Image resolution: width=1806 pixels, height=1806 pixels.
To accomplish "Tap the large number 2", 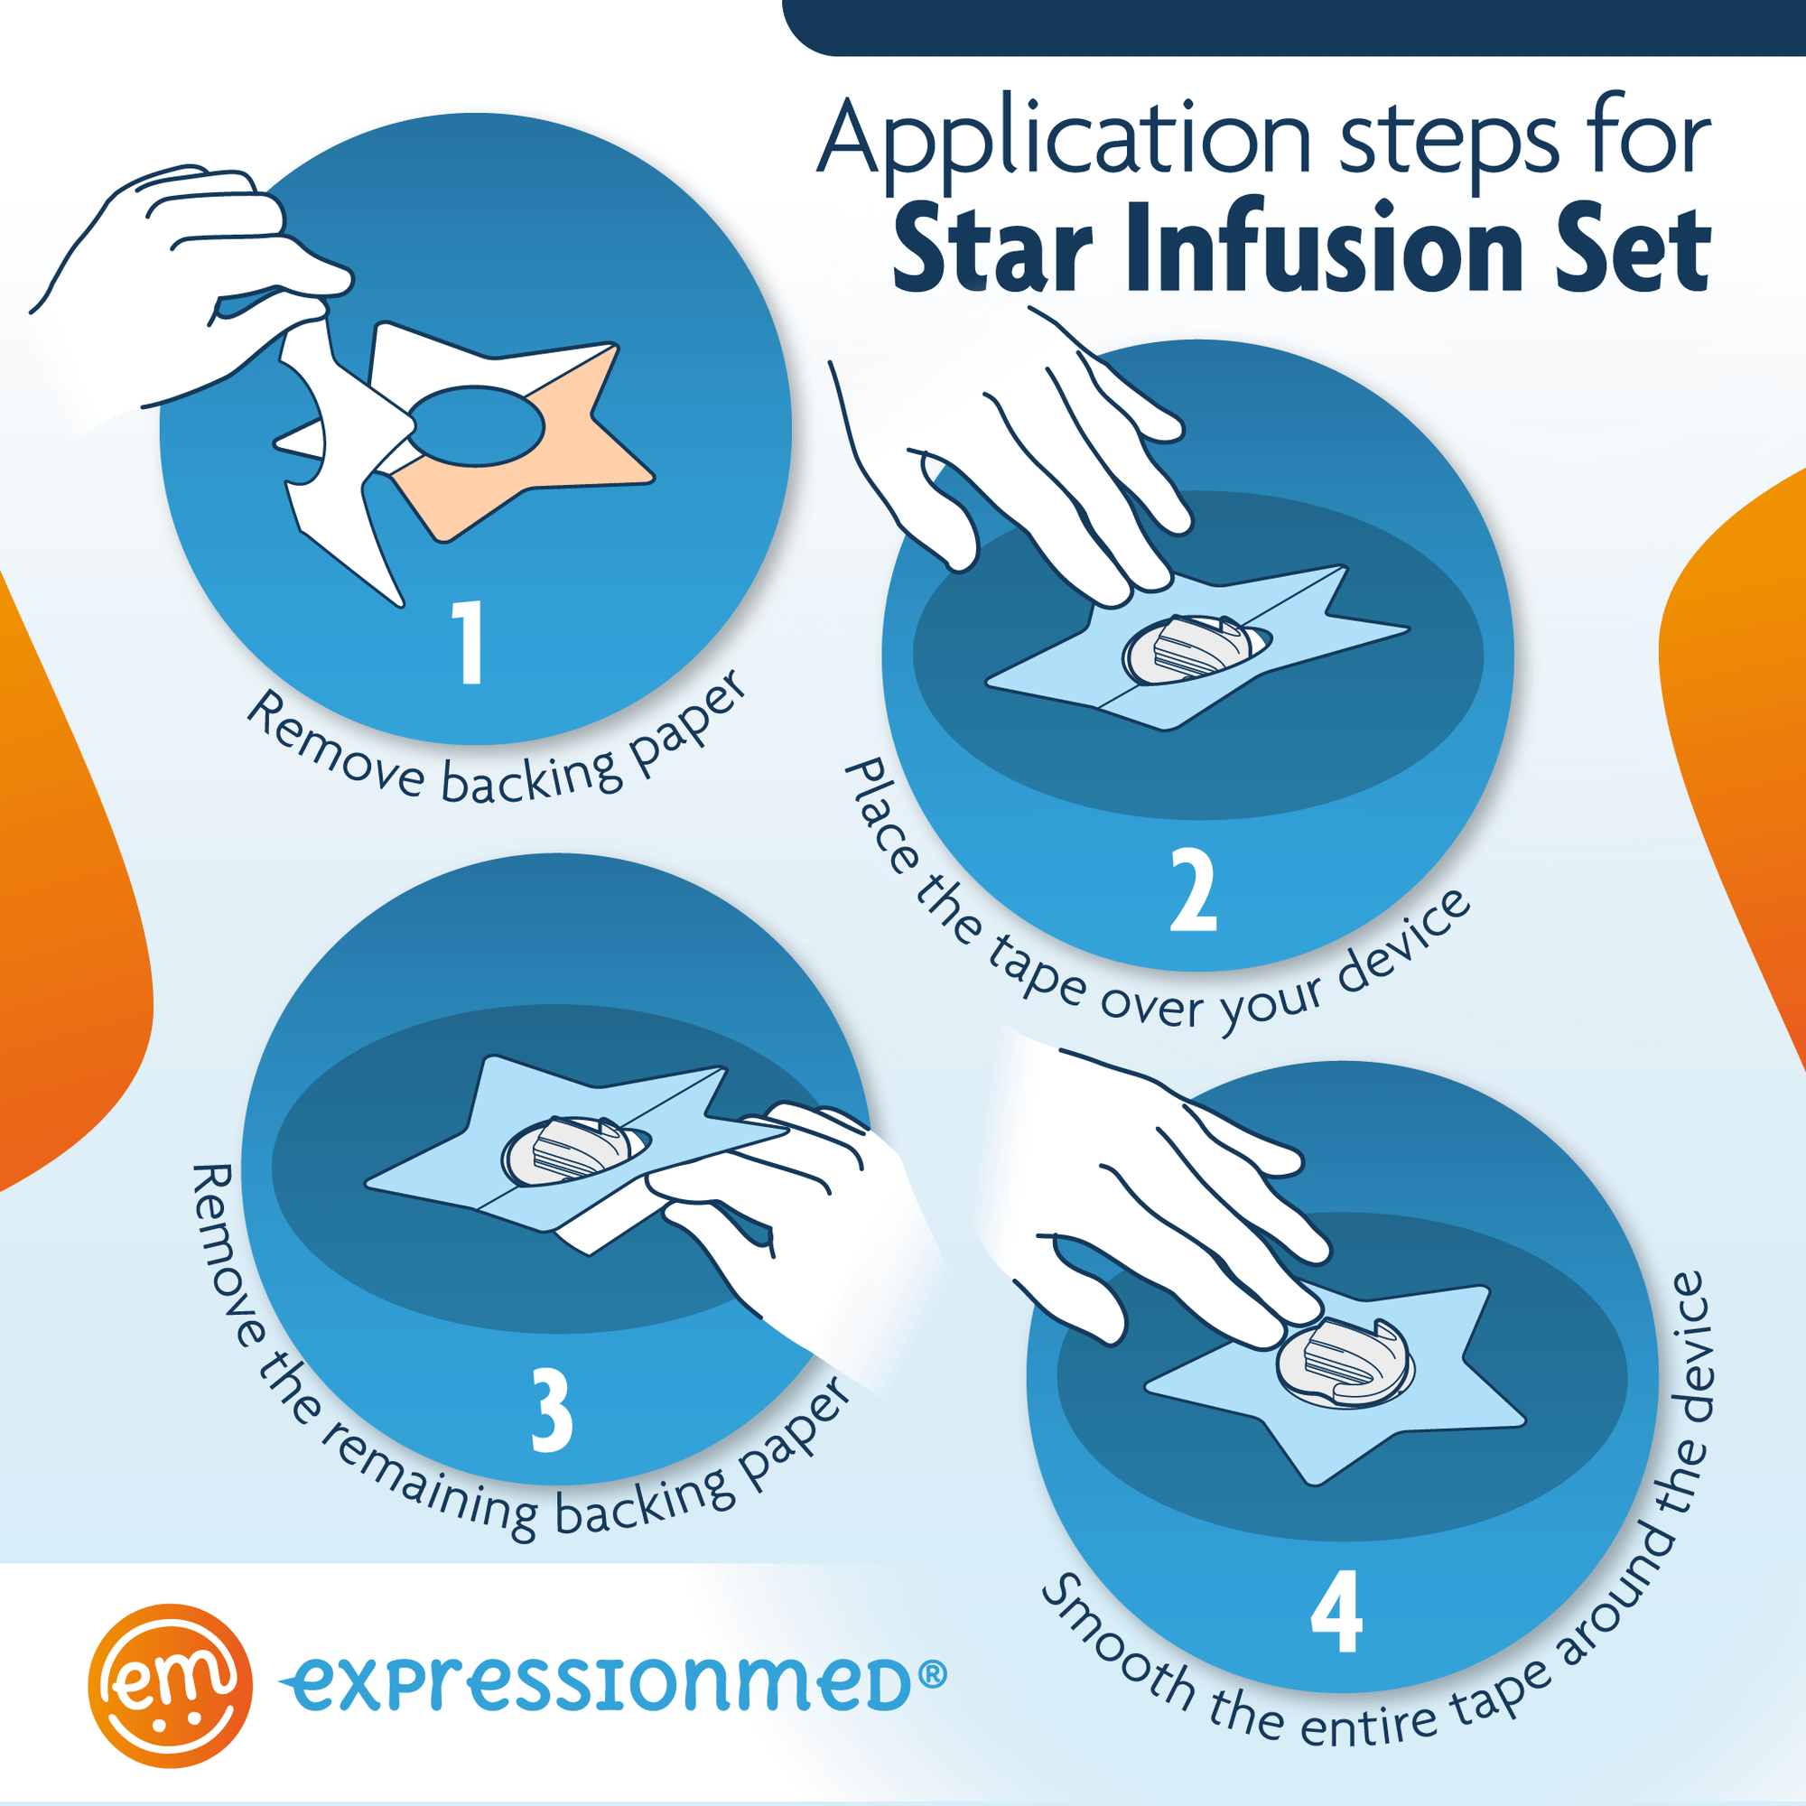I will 1194,890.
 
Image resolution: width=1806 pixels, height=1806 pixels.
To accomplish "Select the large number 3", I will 552,1410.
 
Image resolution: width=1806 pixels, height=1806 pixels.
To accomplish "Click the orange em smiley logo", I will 170,1685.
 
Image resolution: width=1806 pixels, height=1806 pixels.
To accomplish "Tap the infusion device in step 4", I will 1345,1366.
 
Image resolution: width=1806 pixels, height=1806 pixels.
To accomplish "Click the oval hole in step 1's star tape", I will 477,425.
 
